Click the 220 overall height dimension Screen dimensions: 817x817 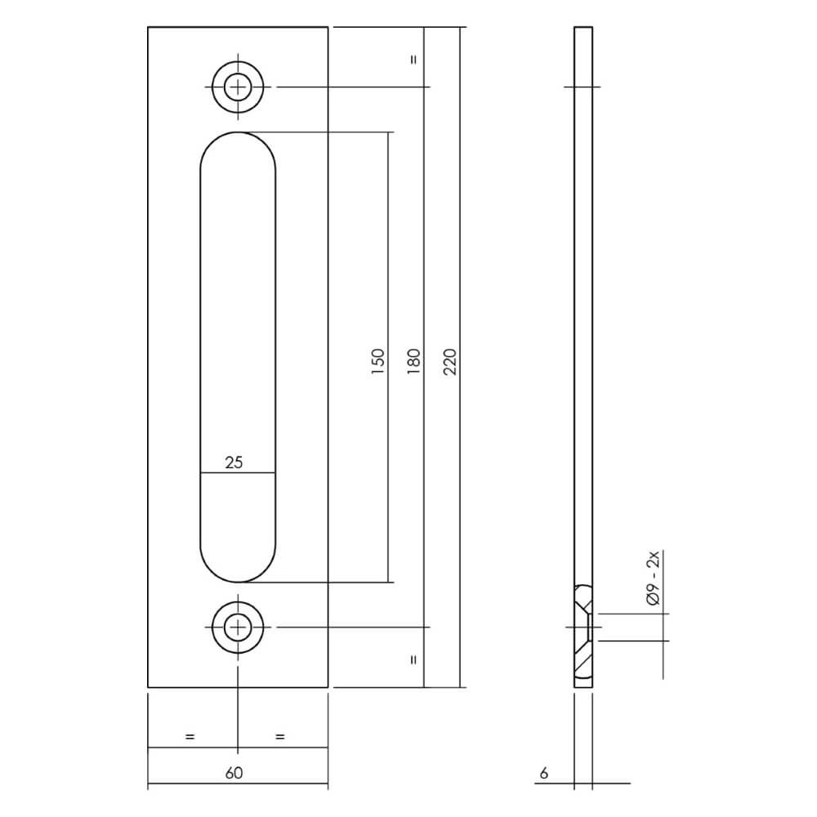click(448, 360)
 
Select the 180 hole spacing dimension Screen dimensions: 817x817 click(413, 360)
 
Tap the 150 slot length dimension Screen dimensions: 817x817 click(377, 360)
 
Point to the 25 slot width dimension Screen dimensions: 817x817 click(234, 462)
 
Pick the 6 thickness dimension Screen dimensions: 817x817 click(543, 772)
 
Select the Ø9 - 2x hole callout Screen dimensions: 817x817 click(652, 578)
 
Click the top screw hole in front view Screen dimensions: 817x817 click(238, 86)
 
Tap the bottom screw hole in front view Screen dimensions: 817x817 click(238, 627)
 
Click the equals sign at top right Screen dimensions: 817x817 click(413, 60)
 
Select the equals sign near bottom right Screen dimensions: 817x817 click(413, 658)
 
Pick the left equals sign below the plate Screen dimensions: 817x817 click(190, 737)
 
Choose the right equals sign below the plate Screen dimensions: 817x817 click(280, 737)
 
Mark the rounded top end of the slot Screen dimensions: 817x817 click(238, 143)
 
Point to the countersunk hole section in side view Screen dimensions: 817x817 click(583, 632)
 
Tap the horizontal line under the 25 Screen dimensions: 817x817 click(238, 473)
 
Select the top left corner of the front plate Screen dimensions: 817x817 click(149, 28)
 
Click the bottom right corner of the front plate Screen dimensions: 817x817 click(328, 686)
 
